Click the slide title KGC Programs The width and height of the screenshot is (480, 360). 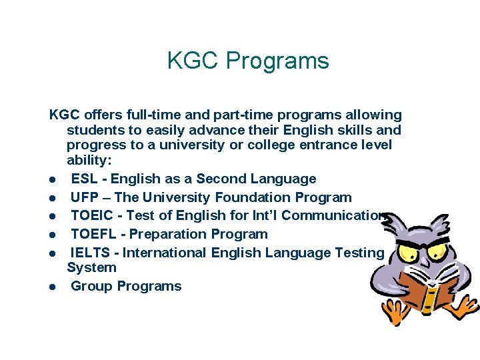click(x=248, y=61)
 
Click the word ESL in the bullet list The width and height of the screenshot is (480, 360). click(x=84, y=179)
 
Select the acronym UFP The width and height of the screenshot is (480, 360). click(x=84, y=197)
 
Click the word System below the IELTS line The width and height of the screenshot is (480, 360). click(x=91, y=267)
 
